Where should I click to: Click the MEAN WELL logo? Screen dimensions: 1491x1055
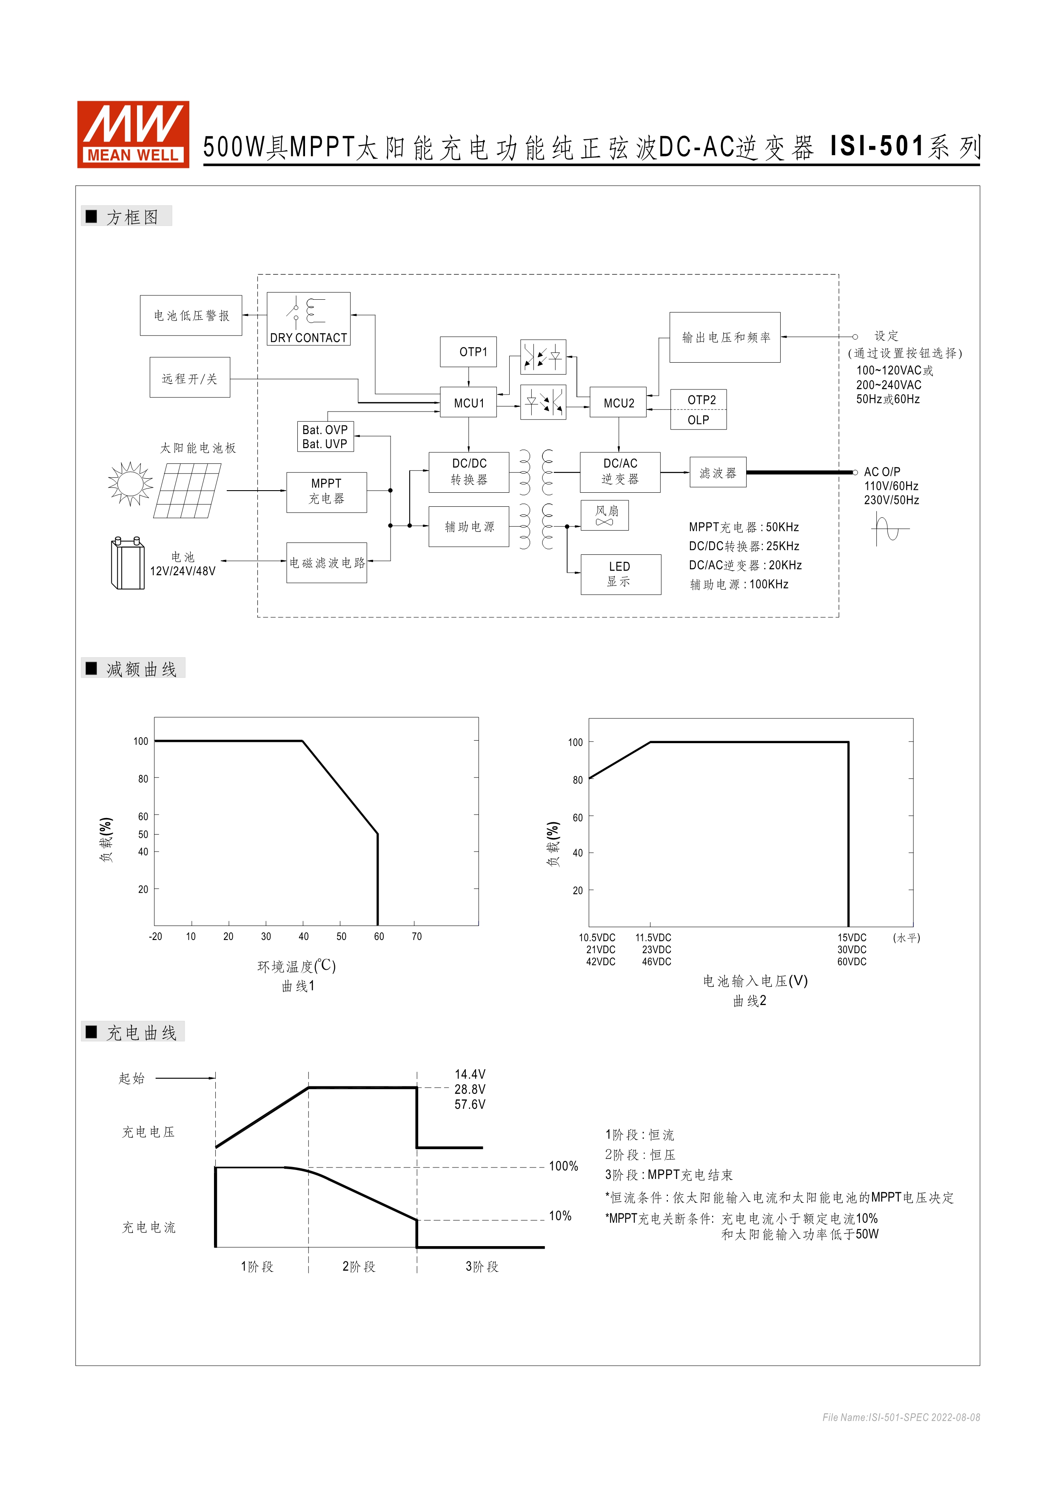(133, 134)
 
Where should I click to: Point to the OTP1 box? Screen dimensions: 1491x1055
(468, 352)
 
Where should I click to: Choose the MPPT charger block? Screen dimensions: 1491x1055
(326, 491)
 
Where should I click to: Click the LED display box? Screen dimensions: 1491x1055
(620, 574)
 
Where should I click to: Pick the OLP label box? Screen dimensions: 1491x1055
(699, 420)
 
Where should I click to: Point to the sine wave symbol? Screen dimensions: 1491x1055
(890, 528)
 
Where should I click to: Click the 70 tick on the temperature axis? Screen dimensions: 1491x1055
(416, 937)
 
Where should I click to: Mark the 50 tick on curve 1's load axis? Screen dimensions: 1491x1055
(143, 835)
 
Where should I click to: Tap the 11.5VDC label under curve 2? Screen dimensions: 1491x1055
(653, 938)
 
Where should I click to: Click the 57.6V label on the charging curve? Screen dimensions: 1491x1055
(470, 1105)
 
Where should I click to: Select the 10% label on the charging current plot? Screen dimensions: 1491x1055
(560, 1216)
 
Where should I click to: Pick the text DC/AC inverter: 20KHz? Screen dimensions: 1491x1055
(745, 565)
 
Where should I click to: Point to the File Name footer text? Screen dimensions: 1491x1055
(901, 1417)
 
